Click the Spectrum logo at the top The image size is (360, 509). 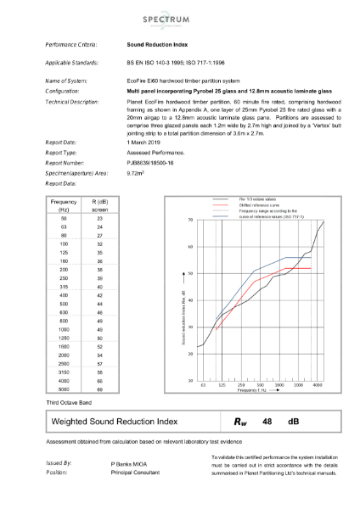180,18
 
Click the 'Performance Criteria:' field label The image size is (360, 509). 71,42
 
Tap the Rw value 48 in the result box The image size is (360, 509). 267,421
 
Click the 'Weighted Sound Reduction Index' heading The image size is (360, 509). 115,421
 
